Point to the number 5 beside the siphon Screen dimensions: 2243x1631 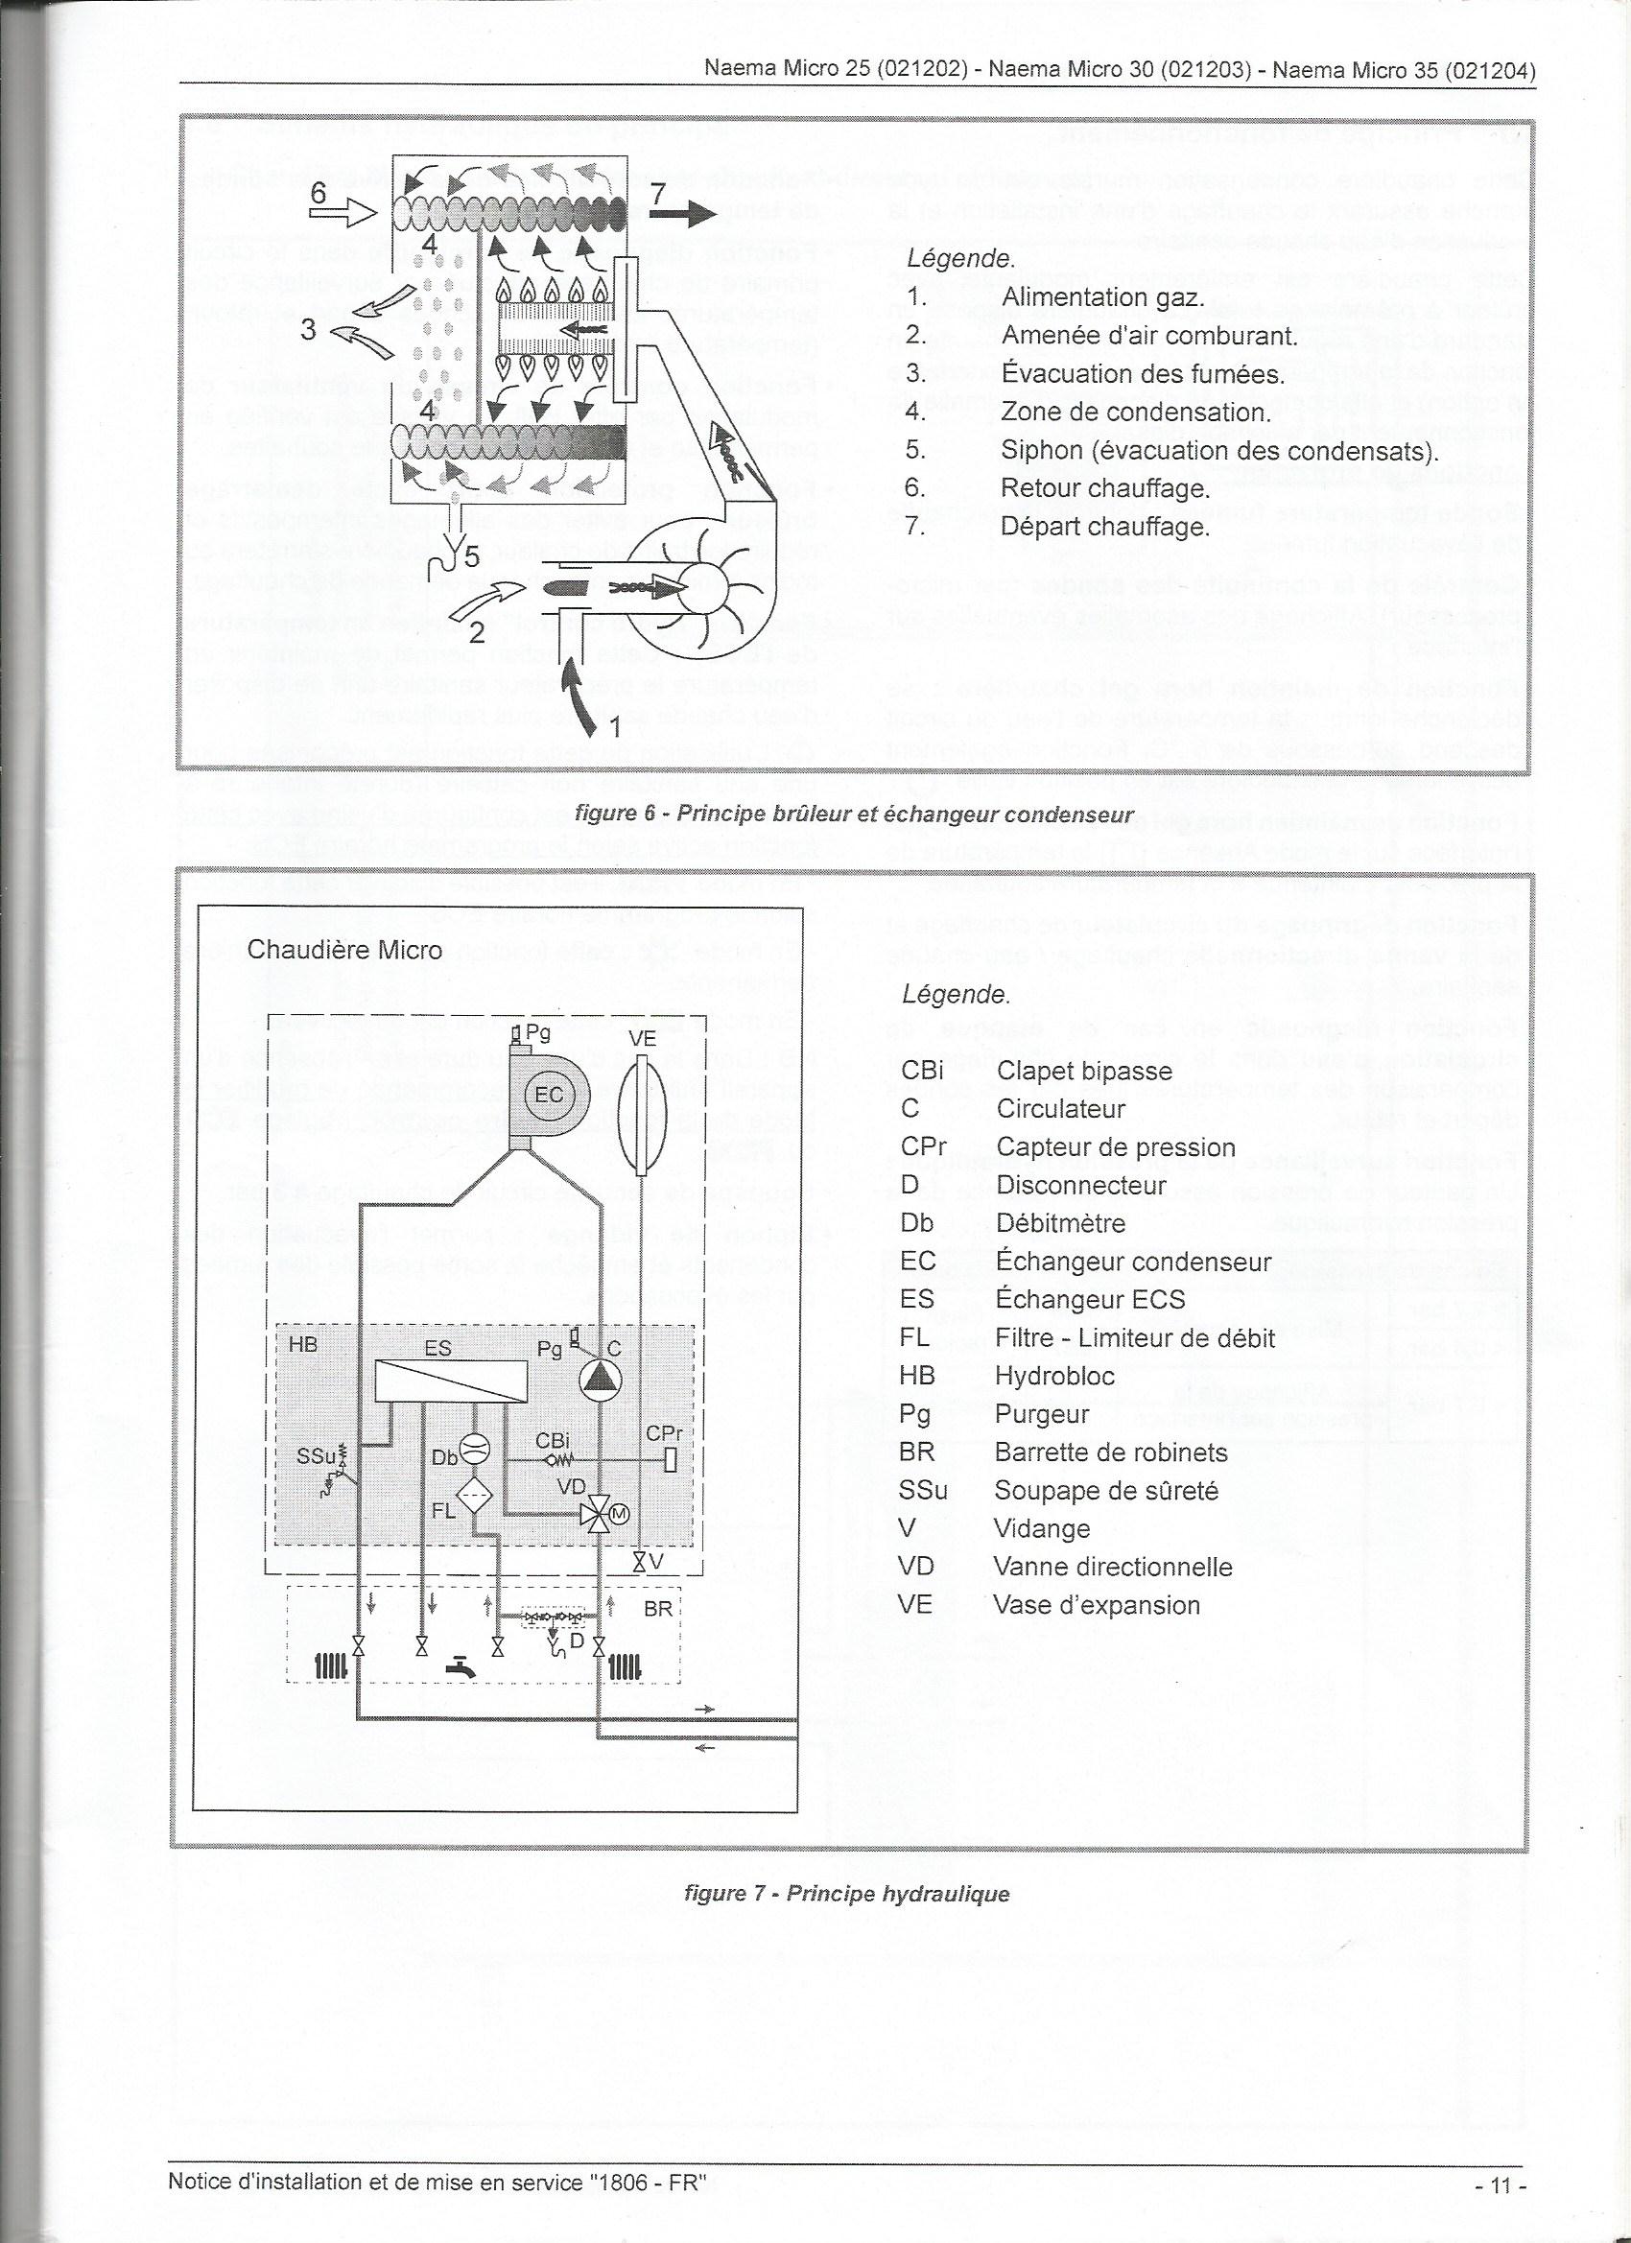click(x=472, y=557)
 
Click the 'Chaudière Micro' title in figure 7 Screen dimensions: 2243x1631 click(x=344, y=951)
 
